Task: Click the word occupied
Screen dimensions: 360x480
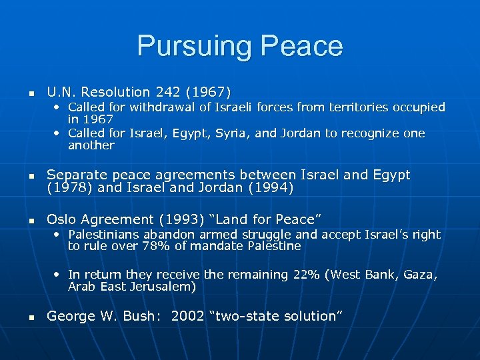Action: point(417,107)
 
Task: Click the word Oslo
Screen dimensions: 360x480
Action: point(61,219)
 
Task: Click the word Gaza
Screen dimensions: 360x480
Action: point(419,275)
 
